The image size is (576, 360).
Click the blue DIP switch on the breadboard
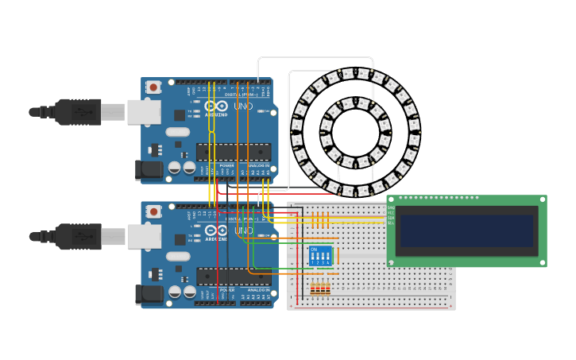click(320, 255)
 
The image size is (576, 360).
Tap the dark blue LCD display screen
click(466, 230)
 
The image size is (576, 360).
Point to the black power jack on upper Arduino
click(149, 169)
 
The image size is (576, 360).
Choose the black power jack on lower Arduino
click(149, 294)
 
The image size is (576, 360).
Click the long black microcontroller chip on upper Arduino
click(234, 151)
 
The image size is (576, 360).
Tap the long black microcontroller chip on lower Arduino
click(234, 275)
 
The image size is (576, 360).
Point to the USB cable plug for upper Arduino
click(78, 112)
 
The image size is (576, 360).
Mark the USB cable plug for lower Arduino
click(78, 236)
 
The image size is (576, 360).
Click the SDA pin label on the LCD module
click(391, 218)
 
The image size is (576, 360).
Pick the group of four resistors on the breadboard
click(320, 288)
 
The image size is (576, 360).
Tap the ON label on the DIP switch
click(315, 250)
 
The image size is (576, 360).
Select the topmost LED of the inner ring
click(355, 103)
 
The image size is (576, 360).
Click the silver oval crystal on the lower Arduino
click(178, 257)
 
